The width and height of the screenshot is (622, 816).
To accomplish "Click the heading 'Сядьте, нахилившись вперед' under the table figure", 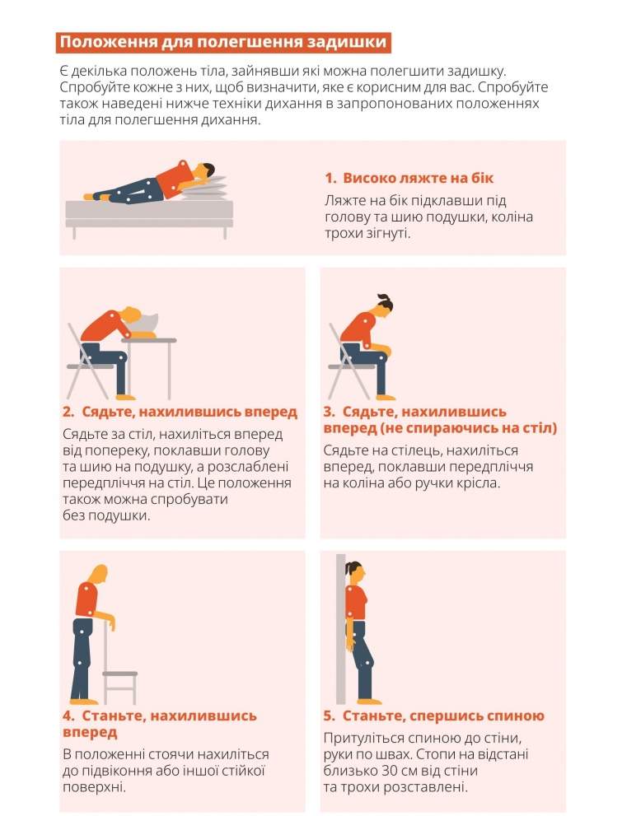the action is (x=189, y=412).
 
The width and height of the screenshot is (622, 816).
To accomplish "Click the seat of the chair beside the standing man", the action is (x=119, y=674).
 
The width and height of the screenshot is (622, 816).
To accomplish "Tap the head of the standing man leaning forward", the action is (x=99, y=575).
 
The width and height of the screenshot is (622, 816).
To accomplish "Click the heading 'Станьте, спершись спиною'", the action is (x=443, y=716).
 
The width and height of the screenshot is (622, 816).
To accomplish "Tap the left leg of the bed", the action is (x=74, y=233).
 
